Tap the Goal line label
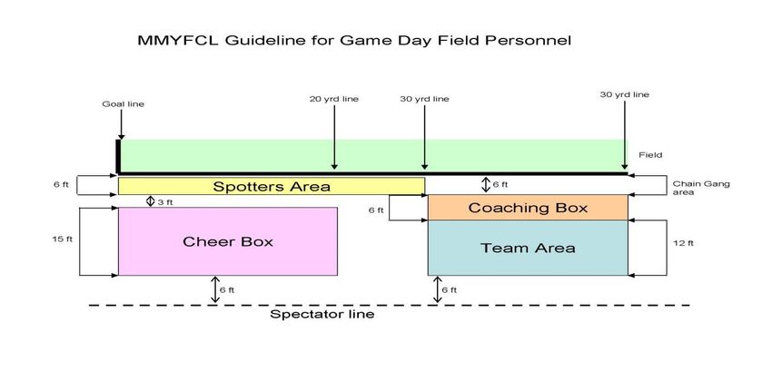124,104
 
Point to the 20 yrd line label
334,99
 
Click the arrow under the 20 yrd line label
334,137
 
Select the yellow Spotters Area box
272,186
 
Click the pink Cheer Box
227,241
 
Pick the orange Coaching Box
528,208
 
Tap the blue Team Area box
528,248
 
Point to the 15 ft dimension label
62,239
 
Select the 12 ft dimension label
683,243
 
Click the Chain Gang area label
701,188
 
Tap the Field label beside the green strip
650,155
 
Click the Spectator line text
322,314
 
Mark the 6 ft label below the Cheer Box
227,290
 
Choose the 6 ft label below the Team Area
449,290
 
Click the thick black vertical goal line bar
118,156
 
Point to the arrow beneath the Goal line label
121,125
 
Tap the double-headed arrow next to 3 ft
151,201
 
